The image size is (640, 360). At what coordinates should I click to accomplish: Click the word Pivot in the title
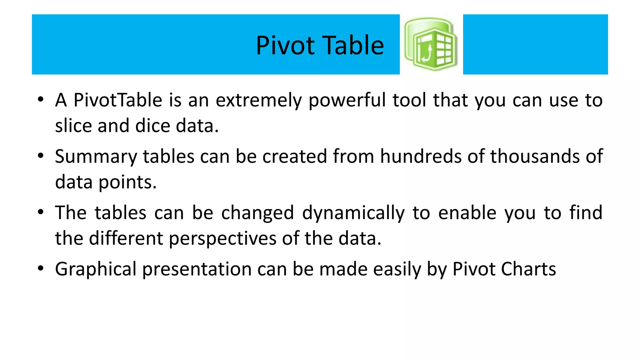pyautogui.click(x=285, y=46)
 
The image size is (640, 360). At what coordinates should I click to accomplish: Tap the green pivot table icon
pyautogui.click(x=431, y=44)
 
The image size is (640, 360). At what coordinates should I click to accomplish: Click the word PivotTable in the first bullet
pyautogui.click(x=118, y=100)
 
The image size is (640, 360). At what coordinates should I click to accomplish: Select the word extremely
pyautogui.click(x=258, y=101)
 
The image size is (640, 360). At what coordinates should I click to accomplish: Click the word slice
pyautogui.click(x=73, y=126)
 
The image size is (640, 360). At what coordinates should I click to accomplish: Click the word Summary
pyautogui.click(x=96, y=157)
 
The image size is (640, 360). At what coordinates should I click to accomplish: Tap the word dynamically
pyautogui.click(x=353, y=213)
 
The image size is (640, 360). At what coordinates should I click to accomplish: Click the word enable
pyautogui.click(x=467, y=213)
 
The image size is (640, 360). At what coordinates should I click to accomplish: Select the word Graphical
pyautogui.click(x=96, y=269)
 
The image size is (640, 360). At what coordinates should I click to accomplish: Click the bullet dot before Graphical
pyautogui.click(x=41, y=268)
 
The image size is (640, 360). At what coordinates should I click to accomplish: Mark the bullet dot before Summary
pyautogui.click(x=41, y=156)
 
